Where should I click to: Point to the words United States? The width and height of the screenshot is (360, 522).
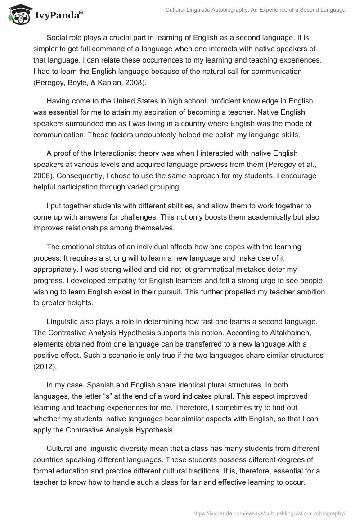tap(147, 101)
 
